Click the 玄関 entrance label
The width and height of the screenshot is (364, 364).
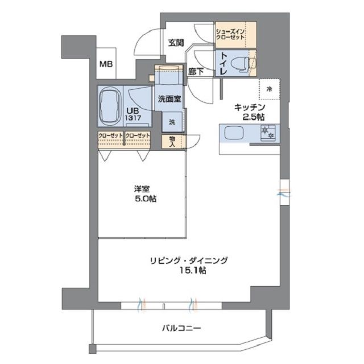[175, 42]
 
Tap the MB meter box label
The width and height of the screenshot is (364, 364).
[106, 64]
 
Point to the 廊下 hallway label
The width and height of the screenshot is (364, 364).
[197, 72]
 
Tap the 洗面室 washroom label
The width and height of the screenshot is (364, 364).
[169, 98]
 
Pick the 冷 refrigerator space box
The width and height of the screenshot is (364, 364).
[270, 89]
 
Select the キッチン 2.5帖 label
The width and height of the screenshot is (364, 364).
[251, 111]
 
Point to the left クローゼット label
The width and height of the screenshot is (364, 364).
[110, 135]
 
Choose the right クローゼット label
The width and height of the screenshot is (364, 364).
[138, 135]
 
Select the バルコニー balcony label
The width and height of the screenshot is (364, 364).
[181, 328]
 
